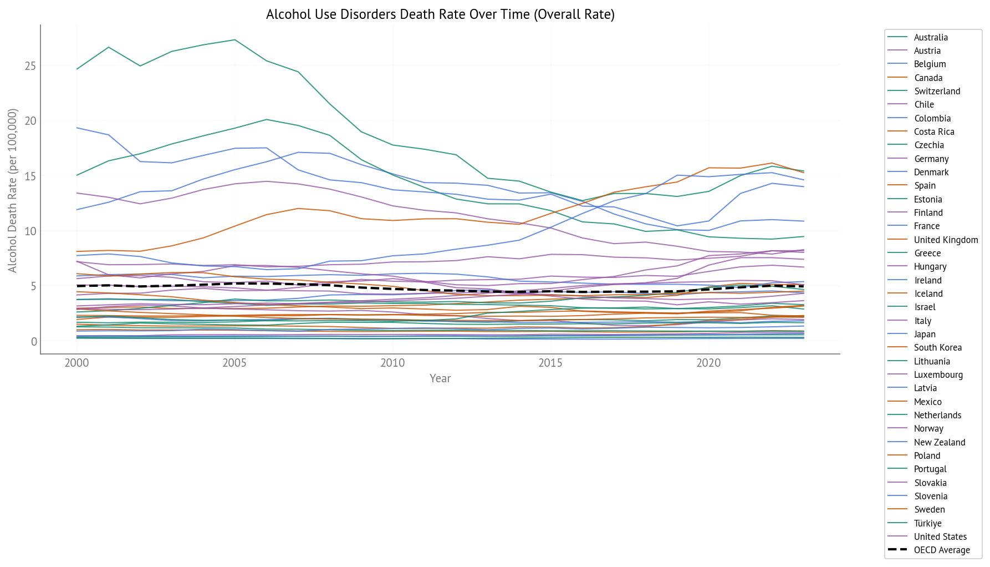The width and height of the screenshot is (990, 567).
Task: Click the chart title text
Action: (x=440, y=14)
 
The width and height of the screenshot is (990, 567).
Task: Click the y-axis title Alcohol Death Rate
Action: (x=12, y=190)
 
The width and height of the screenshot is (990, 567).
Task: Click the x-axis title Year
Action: (x=440, y=378)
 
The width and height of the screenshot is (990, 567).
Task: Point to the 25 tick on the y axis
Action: (x=30, y=67)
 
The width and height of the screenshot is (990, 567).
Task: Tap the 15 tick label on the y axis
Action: (x=30, y=176)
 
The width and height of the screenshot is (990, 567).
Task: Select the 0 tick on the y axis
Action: (x=34, y=342)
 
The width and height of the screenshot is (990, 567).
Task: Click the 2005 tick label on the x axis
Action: (x=234, y=363)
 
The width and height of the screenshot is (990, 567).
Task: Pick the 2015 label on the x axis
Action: (x=550, y=363)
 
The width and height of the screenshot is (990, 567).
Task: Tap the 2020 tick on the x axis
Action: (x=708, y=363)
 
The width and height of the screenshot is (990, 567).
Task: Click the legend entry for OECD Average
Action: (x=941, y=550)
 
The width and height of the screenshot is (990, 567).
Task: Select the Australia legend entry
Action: (x=931, y=37)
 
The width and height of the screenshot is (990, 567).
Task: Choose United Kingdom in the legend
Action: (x=946, y=240)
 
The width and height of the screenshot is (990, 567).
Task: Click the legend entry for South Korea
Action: (x=937, y=347)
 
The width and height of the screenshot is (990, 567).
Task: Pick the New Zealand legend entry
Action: (x=939, y=442)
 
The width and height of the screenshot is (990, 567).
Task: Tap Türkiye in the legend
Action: (x=927, y=523)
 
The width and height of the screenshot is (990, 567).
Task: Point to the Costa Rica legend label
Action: (x=934, y=131)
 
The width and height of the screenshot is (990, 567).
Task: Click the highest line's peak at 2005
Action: (x=234, y=40)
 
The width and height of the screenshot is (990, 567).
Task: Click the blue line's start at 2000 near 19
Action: (x=77, y=128)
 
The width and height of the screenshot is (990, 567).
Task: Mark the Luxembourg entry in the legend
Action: (x=938, y=374)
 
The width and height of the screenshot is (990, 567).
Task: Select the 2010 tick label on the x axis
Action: (x=392, y=363)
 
